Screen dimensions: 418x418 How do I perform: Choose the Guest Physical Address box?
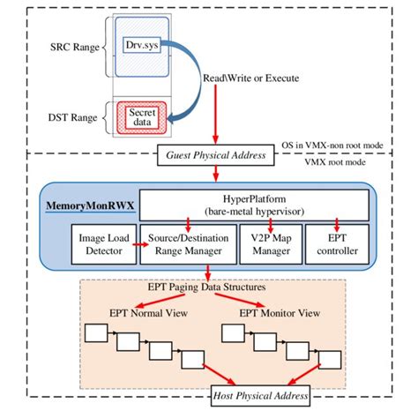click(x=214, y=157)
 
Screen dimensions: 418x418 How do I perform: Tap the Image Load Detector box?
click(x=101, y=245)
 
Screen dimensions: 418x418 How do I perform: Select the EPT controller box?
click(x=339, y=245)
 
